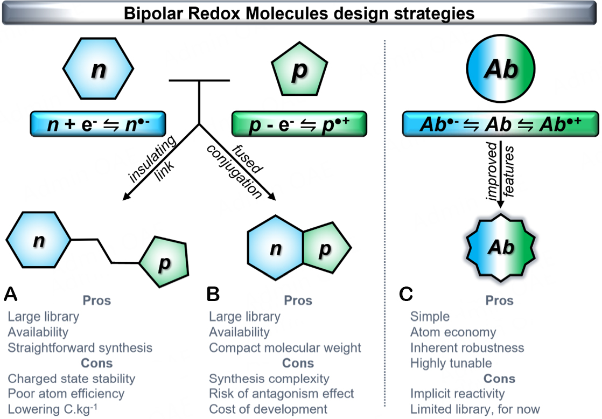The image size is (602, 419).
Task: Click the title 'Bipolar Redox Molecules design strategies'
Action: [299, 13]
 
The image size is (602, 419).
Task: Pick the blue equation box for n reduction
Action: [98, 124]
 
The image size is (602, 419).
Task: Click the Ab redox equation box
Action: [501, 124]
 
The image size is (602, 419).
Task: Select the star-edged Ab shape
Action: [501, 247]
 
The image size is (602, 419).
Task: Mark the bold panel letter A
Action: [11, 295]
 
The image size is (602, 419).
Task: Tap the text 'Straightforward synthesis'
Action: [80, 348]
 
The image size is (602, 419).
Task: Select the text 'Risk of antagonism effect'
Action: [282, 394]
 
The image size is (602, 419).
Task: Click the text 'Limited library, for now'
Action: [475, 409]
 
